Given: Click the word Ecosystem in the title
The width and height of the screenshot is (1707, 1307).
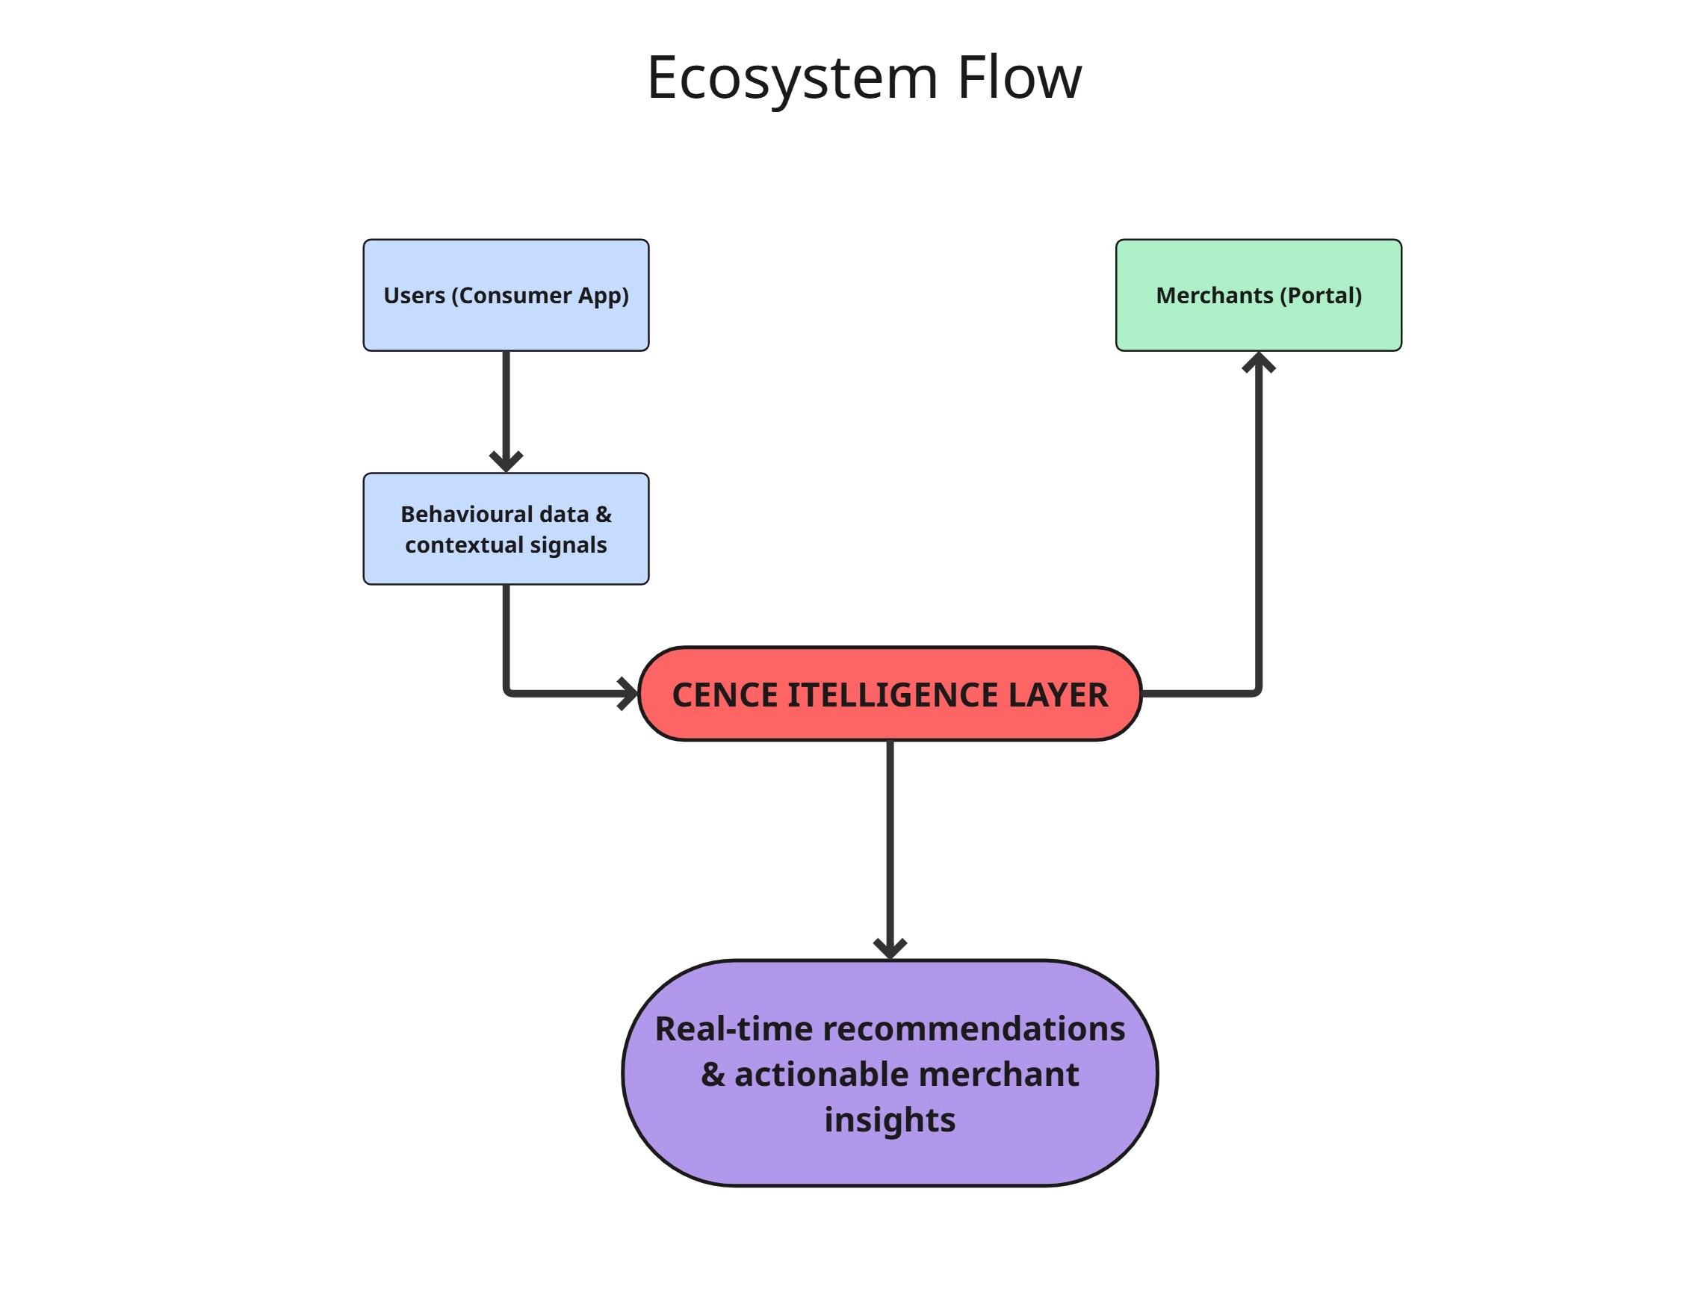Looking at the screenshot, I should (792, 79).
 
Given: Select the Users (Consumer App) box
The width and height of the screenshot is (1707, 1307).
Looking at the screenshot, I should (506, 295).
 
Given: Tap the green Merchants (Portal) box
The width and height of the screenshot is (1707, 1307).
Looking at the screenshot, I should (1258, 295).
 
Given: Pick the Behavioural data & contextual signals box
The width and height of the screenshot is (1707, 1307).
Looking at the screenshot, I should (506, 529).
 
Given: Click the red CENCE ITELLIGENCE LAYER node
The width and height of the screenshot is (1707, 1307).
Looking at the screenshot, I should (889, 694).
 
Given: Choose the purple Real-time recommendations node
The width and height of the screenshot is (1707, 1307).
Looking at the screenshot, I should (889, 1074).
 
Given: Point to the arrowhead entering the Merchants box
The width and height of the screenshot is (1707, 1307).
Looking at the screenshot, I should (1258, 361).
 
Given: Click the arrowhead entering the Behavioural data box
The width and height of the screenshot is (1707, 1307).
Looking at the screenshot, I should (506, 462).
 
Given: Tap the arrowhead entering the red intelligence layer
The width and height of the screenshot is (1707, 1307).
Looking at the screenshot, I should (628, 693).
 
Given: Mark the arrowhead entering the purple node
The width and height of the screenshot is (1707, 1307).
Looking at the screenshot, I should (889, 949).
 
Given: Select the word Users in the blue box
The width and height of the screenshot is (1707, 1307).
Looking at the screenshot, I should (414, 296).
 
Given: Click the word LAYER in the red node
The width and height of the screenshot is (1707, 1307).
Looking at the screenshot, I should (1057, 695).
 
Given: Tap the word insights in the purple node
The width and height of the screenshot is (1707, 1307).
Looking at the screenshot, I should (889, 1120).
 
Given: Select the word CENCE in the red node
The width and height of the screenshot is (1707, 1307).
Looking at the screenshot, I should (725, 695).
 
